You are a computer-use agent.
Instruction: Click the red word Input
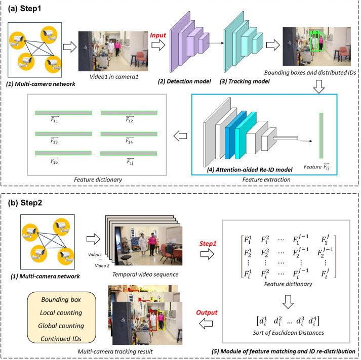[158, 35]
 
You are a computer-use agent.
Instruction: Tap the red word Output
[207, 312]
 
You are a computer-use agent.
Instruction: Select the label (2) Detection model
[184, 81]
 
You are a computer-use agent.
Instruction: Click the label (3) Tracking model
[245, 81]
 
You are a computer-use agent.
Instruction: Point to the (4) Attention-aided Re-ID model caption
[250, 170]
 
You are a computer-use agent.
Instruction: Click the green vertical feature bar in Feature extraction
[321, 136]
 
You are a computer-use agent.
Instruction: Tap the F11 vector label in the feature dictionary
[55, 119]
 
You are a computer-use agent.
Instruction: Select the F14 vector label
[130, 141]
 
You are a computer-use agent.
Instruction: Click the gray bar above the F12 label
[129, 113]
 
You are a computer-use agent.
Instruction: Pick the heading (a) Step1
[24, 9]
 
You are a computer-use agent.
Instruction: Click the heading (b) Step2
[25, 203]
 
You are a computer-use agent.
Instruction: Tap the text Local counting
[61, 312]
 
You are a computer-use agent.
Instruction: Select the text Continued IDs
[61, 339]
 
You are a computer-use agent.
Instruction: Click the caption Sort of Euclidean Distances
[288, 333]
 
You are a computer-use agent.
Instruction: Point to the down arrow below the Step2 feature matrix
[288, 302]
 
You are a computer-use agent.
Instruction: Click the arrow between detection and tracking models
[215, 43]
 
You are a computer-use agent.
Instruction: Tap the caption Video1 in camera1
[114, 76]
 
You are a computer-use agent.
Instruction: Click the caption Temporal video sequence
[145, 274]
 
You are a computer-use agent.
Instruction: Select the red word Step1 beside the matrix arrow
[208, 244]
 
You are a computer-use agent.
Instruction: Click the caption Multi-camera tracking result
[115, 351]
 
